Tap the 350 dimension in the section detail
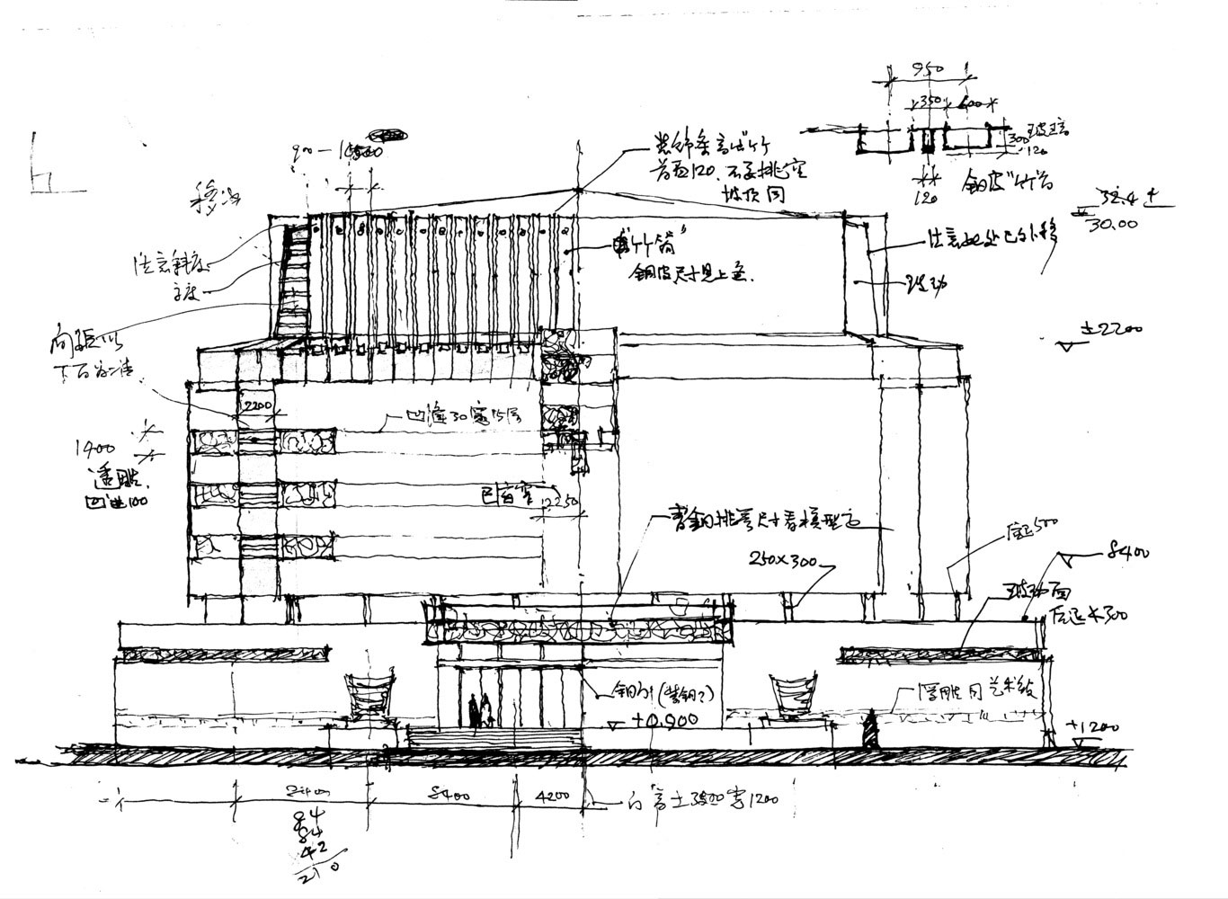click(929, 101)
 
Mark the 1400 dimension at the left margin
click(97, 445)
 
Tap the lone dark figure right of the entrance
click(870, 728)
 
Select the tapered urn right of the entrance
click(794, 694)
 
